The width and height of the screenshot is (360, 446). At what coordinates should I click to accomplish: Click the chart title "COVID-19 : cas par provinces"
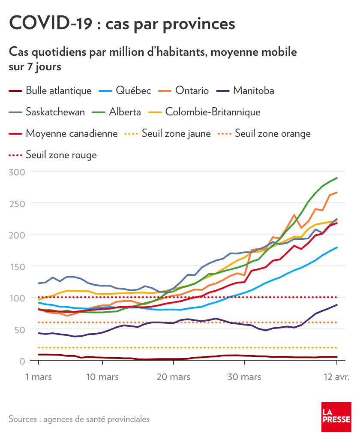122,23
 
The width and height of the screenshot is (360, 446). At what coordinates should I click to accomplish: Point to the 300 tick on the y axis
17,172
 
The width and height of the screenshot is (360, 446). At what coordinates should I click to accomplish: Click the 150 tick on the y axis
17,266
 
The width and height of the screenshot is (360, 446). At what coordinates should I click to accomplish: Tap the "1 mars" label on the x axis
39,377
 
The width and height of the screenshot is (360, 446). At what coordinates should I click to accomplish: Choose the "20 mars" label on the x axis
173,377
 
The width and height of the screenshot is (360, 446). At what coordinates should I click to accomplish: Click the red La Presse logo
336,417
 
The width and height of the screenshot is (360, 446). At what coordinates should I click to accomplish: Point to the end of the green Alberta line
337,178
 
